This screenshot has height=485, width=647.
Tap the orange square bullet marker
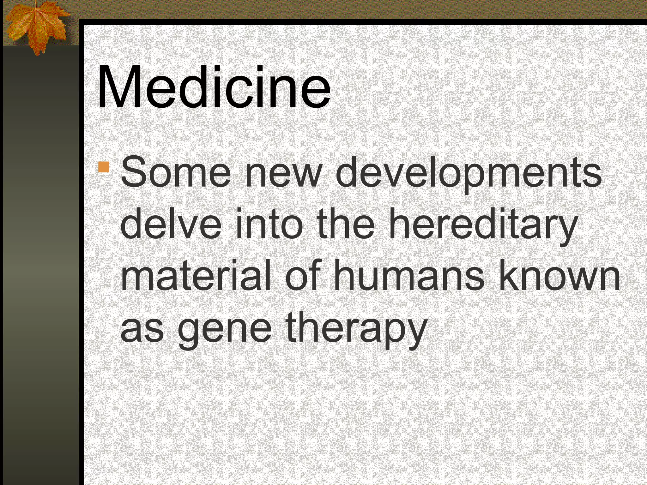pyautogui.click(x=104, y=167)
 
